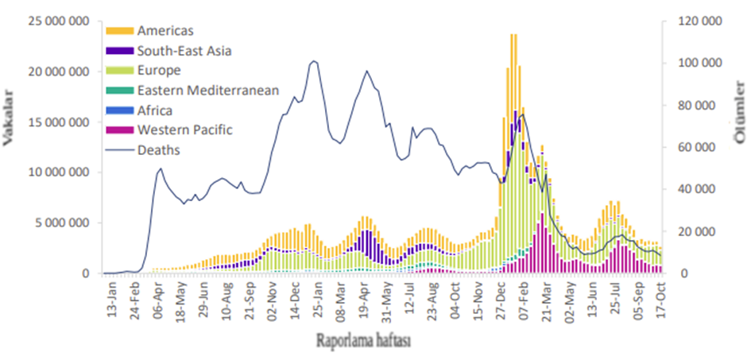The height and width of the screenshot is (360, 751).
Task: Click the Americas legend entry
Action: pyautogui.click(x=165, y=30)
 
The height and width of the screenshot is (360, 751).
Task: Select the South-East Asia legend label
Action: pyautogui.click(x=184, y=50)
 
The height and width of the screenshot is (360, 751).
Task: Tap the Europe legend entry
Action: pyautogui.click(x=160, y=70)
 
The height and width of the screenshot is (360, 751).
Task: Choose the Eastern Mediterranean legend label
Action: pyautogui.click(x=207, y=90)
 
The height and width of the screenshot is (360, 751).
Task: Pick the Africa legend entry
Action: pyautogui.click(x=154, y=110)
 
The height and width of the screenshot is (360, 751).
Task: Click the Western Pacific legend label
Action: pyautogui.click(x=184, y=130)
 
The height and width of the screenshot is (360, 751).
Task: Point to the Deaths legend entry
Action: pyautogui.click(x=158, y=149)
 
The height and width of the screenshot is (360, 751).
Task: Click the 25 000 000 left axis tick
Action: pyautogui.click(x=59, y=21)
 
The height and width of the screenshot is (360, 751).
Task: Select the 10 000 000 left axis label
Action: pyautogui.click(x=59, y=172)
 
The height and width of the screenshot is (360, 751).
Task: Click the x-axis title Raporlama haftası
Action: pyautogui.click(x=362, y=341)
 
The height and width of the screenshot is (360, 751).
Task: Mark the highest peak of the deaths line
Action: pyautogui.click(x=314, y=61)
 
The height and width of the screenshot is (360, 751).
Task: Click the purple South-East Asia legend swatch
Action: pyautogui.click(x=118, y=50)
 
